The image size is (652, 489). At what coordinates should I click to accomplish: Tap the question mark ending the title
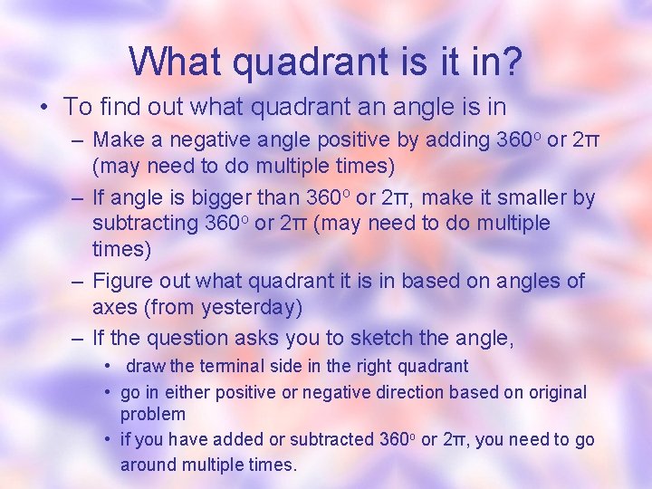509,62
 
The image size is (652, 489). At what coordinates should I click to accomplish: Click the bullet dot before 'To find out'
44,107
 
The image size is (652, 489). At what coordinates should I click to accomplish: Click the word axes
113,308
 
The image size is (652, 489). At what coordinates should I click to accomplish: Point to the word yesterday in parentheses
246,308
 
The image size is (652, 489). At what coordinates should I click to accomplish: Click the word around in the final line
149,465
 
